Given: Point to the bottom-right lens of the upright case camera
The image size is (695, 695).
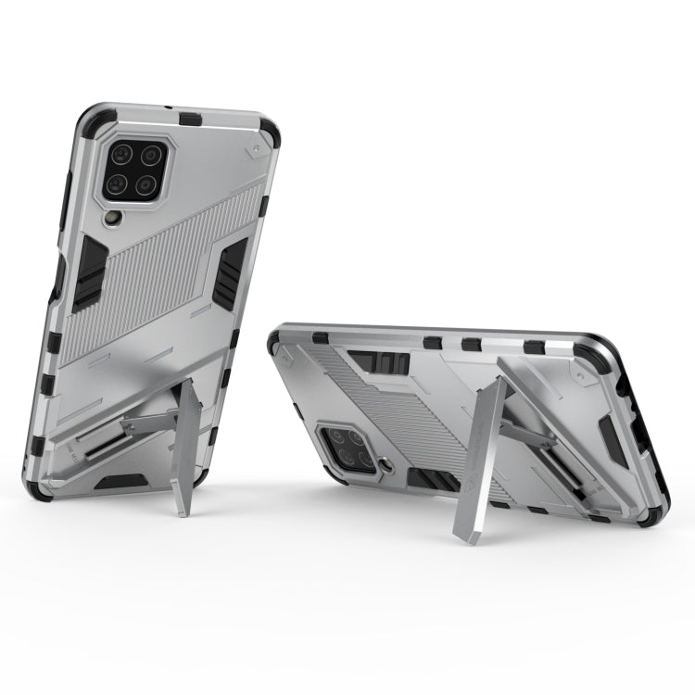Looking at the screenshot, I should click(146, 183).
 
